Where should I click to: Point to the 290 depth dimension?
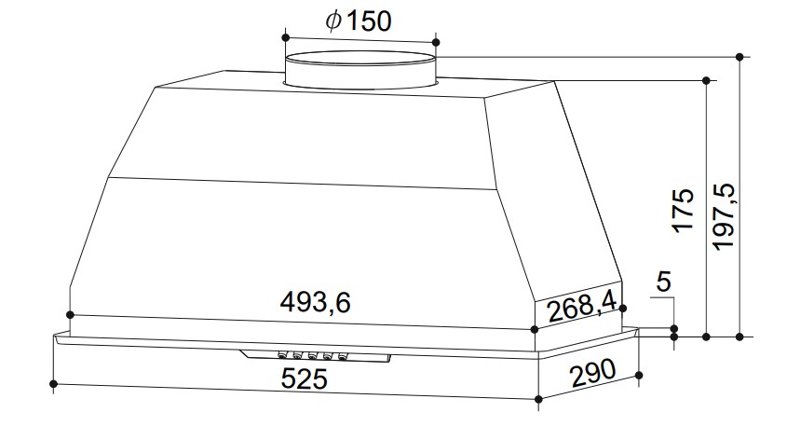click(590, 375)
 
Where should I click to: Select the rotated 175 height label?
click(684, 211)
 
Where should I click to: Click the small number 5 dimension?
click(662, 282)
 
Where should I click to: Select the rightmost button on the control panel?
click(343, 356)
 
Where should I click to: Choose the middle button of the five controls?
click(311, 355)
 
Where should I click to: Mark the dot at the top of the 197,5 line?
click(740, 57)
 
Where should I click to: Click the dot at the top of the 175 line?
click(706, 81)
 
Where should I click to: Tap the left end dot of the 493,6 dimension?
click(71, 314)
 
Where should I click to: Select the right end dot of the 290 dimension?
click(638, 376)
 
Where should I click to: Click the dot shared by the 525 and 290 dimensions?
click(539, 401)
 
